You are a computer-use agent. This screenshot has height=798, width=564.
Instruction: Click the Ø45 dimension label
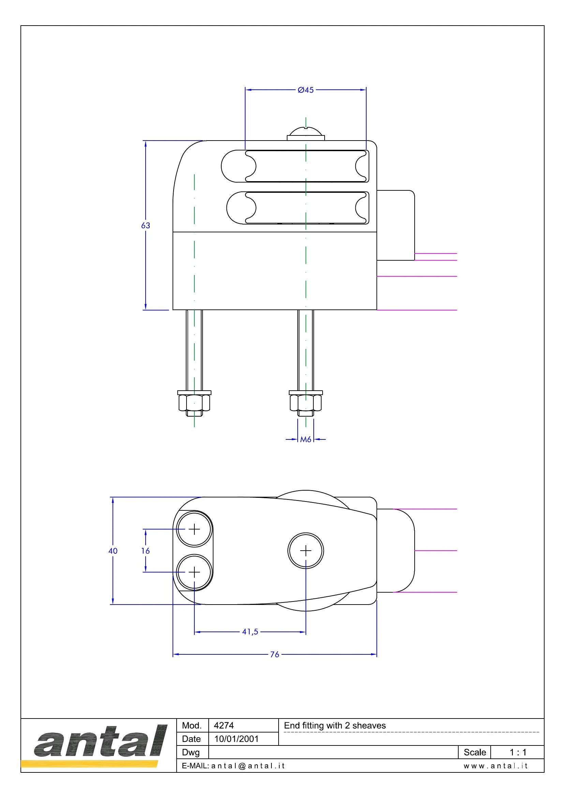[306, 90]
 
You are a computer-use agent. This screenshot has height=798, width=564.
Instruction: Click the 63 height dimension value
[146, 226]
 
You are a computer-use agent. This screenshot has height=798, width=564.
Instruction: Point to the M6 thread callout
[306, 440]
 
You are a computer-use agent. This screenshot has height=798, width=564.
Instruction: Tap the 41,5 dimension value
[250, 632]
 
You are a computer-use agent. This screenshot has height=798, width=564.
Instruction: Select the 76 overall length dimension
[275, 654]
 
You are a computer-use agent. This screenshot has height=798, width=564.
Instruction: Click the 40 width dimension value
[113, 551]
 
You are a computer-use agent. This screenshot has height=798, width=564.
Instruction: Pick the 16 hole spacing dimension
[146, 551]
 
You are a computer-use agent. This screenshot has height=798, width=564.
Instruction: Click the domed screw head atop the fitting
[306, 134]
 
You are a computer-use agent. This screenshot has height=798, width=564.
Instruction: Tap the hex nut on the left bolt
[194, 403]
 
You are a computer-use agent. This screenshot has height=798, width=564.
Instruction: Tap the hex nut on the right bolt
[306, 403]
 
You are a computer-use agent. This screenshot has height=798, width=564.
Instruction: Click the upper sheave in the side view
[306, 166]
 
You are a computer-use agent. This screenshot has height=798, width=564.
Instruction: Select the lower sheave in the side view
[306, 208]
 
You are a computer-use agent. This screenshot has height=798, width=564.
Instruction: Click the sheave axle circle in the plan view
[306, 551]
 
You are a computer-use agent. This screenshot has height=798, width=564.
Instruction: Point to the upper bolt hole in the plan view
[194, 529]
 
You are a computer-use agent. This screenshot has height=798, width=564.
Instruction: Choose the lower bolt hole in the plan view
[194, 572]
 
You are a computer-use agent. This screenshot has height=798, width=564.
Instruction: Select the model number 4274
[224, 725]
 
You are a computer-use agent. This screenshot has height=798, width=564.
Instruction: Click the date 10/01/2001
[237, 739]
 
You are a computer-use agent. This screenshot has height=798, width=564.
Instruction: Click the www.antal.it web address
[495, 766]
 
